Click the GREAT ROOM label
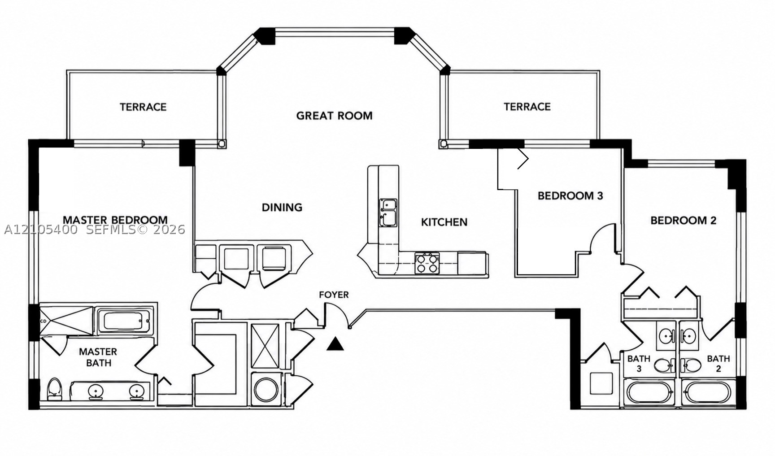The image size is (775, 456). [x=334, y=116]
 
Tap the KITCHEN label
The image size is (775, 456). [x=444, y=222]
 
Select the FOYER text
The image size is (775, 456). [x=334, y=295]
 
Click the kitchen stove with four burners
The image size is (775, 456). [x=427, y=263]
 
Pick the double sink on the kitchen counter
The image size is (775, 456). [x=388, y=212]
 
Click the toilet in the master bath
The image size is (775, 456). [x=54, y=388]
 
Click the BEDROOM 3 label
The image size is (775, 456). [x=570, y=196]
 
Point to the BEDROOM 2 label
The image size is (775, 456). [x=683, y=221]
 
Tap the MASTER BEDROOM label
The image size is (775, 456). [x=115, y=220]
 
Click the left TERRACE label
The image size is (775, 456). [x=143, y=107]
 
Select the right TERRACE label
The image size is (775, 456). [x=527, y=107]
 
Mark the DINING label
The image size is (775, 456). [x=282, y=207]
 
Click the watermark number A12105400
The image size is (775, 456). [x=41, y=230]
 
